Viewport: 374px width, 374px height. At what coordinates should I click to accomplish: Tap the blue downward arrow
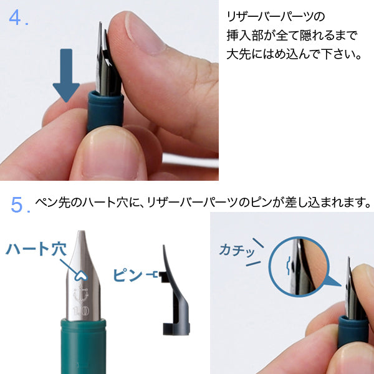click(66, 75)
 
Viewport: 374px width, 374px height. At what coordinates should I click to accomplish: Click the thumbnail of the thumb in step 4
click(143, 34)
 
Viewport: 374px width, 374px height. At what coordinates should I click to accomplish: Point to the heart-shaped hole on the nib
click(81, 276)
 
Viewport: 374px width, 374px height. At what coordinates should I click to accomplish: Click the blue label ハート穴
click(36, 249)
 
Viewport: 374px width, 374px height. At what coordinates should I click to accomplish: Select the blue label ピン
click(128, 275)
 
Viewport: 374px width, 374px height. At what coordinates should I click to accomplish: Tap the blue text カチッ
click(237, 250)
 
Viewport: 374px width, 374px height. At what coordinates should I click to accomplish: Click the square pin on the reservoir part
click(163, 277)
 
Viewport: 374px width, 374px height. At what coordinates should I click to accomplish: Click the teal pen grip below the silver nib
click(84, 346)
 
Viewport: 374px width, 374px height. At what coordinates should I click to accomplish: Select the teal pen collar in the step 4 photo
click(105, 112)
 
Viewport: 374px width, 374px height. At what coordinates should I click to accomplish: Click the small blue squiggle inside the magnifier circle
click(289, 266)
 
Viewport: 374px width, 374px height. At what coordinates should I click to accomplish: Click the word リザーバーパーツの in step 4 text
click(276, 17)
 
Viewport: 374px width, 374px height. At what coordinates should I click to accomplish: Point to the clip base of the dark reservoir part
click(176, 329)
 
